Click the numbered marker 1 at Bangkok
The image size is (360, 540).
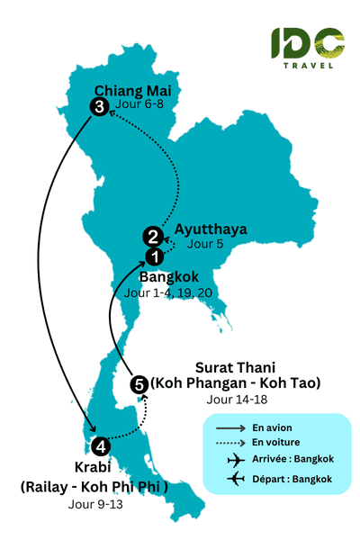pyautogui.click(x=156, y=256)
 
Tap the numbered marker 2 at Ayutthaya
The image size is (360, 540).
pyautogui.click(x=153, y=238)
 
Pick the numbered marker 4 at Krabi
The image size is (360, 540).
pyautogui.click(x=101, y=445)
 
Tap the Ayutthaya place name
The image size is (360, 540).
pyautogui.click(x=211, y=229)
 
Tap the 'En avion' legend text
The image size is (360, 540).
pyautogui.click(x=271, y=427)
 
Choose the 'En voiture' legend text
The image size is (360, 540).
pyautogui.click(x=274, y=443)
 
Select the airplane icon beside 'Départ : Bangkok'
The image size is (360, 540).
pyautogui.click(x=237, y=478)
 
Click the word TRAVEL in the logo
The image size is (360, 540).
pyautogui.click(x=307, y=64)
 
